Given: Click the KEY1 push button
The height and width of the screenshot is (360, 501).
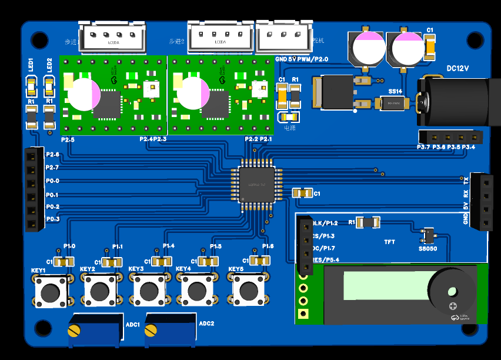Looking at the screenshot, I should (x=50, y=291).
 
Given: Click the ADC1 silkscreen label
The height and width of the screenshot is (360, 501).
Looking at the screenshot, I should (x=133, y=325).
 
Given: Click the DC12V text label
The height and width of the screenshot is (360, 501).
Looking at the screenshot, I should (x=458, y=68).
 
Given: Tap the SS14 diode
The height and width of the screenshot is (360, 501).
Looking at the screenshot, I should (x=395, y=104).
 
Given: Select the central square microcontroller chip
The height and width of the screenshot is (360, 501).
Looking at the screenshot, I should (x=257, y=184).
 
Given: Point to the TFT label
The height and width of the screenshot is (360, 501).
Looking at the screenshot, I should (x=389, y=242).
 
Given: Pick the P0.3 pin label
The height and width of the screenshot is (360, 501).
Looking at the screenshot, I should (x=52, y=219).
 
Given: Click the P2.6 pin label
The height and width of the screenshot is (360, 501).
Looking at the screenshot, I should (x=52, y=154).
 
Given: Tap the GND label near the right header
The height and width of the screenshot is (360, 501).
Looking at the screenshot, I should (x=465, y=218).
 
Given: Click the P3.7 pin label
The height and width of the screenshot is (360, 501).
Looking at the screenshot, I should (x=423, y=146).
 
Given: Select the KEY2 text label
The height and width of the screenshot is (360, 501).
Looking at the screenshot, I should (x=88, y=269).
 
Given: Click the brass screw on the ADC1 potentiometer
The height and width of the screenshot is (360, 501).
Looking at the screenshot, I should (x=74, y=331).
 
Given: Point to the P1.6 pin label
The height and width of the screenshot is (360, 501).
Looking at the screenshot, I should (x=268, y=246).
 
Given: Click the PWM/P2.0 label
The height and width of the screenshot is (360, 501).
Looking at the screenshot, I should (x=313, y=59).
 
